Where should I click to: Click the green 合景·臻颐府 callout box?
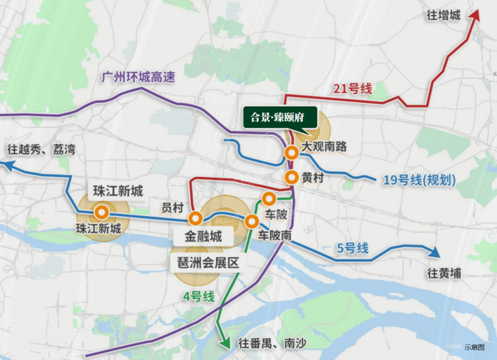click(x=280, y=117)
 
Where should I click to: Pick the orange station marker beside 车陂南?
click(x=252, y=221)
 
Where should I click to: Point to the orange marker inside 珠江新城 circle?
click(x=102, y=213)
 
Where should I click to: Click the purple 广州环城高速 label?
click(x=139, y=77)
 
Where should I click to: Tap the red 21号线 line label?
click(x=353, y=88)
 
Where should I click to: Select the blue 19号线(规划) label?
click(x=419, y=180)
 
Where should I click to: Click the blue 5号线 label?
click(x=353, y=249)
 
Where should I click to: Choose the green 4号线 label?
click(x=199, y=297)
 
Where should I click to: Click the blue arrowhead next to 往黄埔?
click(x=433, y=252)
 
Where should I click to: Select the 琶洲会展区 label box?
click(x=205, y=263)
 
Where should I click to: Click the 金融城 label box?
click(x=203, y=237)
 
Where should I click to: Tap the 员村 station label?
click(x=173, y=208)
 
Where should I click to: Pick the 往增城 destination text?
click(x=443, y=16)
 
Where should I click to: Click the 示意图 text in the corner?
click(x=474, y=347)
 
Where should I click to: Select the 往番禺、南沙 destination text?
click(x=272, y=343)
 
